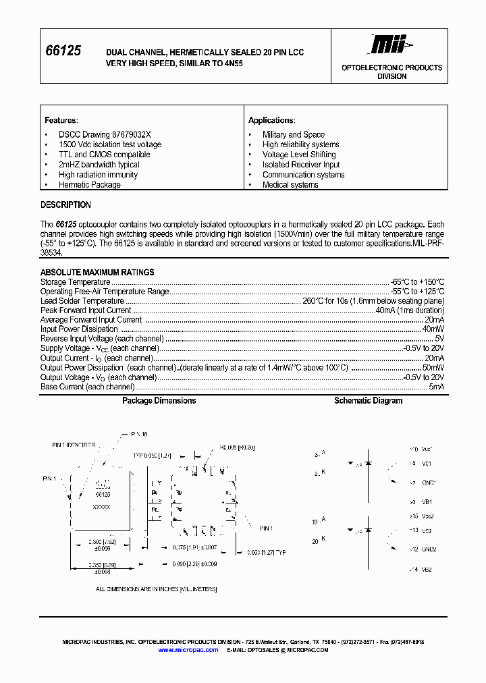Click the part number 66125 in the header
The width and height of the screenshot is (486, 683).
coord(63,51)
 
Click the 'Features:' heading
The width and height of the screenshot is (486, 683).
coord(61,120)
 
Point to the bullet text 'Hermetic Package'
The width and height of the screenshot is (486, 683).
coord(89,185)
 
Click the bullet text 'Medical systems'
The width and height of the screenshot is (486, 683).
coord(290,185)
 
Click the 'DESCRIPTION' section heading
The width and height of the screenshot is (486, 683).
coord(65,205)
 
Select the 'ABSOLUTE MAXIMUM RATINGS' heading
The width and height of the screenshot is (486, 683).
coord(97,273)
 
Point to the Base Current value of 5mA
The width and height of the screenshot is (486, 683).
coord(437,387)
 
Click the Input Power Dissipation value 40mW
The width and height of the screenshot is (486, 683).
coord(433,329)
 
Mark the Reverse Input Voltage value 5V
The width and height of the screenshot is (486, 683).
coord(439,339)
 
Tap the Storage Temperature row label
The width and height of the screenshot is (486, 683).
coord(75,282)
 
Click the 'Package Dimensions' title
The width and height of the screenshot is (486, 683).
coord(159,401)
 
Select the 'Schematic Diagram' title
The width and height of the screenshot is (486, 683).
coord(368,401)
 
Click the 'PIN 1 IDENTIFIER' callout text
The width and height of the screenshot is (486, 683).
coord(74,445)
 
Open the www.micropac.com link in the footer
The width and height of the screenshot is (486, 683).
coord(188,650)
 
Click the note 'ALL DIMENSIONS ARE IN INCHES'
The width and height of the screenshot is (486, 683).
coord(156,589)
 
